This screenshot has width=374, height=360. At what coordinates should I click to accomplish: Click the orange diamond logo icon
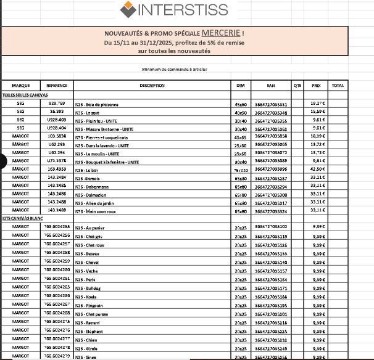[x=128, y=9]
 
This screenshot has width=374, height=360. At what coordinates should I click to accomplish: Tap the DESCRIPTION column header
[x=152, y=85]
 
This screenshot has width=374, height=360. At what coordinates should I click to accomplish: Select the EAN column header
[x=270, y=85]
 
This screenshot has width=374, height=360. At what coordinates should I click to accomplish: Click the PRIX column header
[x=316, y=85]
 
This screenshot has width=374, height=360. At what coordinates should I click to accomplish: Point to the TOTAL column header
[x=338, y=85]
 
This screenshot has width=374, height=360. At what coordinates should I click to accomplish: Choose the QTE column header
[x=297, y=85]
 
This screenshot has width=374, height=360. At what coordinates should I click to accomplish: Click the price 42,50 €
[x=317, y=168]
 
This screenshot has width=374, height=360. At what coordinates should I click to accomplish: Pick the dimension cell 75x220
[x=240, y=169]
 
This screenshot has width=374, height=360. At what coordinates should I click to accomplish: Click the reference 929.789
[x=57, y=103]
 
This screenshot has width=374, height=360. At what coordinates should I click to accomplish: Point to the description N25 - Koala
[x=86, y=297]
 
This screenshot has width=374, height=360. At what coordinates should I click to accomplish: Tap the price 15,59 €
[x=317, y=112]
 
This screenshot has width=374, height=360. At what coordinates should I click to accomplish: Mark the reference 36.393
[x=57, y=112]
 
